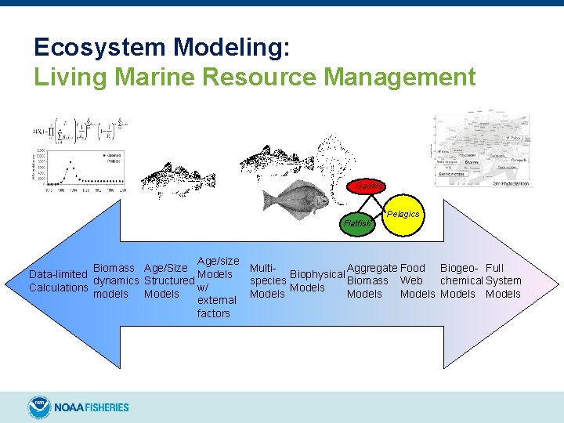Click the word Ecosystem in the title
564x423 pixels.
pos(99,48)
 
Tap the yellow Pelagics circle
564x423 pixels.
pos(403,214)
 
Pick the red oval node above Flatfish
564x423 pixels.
pos(368,186)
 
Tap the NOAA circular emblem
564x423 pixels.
pos(39,407)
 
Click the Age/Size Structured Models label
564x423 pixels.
pos(168,280)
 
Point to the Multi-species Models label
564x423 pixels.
pos(267,280)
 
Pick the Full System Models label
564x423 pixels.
pos(503,280)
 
